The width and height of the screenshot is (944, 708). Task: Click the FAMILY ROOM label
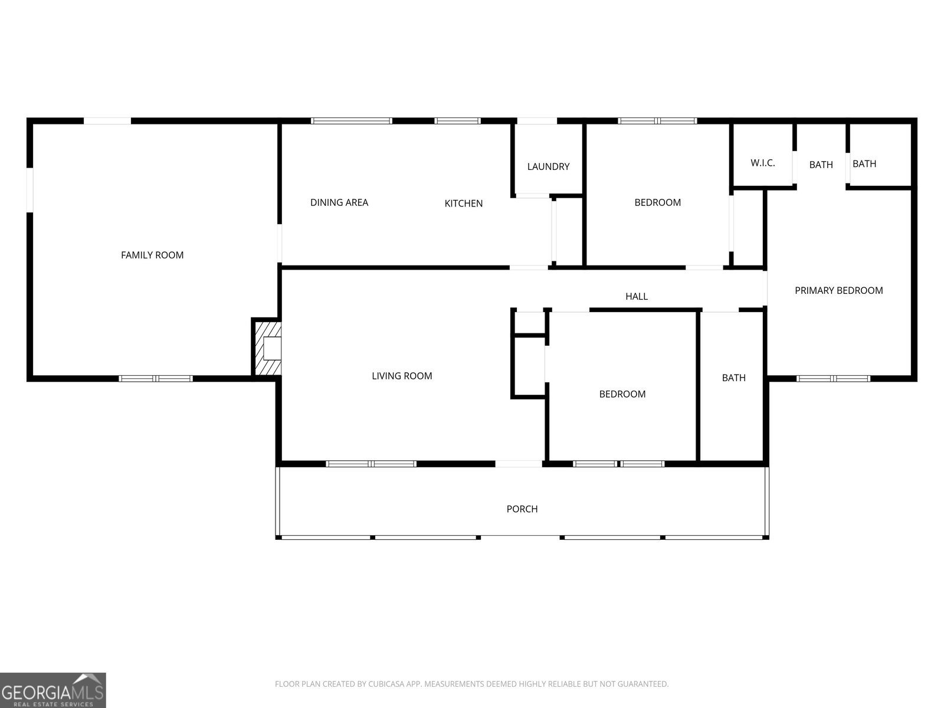tap(152, 255)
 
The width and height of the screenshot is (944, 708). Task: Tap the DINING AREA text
tap(339, 202)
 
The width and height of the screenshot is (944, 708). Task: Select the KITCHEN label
tap(464, 204)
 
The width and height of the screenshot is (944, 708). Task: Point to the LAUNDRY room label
tap(548, 166)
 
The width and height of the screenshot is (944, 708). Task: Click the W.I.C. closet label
tap(763, 163)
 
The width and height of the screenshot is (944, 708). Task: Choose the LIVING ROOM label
tap(402, 376)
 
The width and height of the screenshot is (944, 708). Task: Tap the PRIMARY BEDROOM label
tap(838, 291)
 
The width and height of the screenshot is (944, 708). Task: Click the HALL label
tap(637, 296)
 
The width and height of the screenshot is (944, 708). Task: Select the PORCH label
tap(522, 509)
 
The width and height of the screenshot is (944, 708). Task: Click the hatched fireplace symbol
tap(266, 349)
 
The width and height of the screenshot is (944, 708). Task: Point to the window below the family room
tap(156, 379)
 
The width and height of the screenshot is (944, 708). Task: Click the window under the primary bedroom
tap(834, 379)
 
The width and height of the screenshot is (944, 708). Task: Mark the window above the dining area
tap(352, 121)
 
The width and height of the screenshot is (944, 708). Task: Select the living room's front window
tap(371, 464)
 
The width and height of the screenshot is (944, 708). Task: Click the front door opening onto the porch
tap(519, 464)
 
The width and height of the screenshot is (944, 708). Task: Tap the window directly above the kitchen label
tap(457, 121)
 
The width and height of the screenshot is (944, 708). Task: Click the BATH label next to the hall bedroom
tap(734, 378)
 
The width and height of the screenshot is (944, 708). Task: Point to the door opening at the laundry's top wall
tap(537, 121)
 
